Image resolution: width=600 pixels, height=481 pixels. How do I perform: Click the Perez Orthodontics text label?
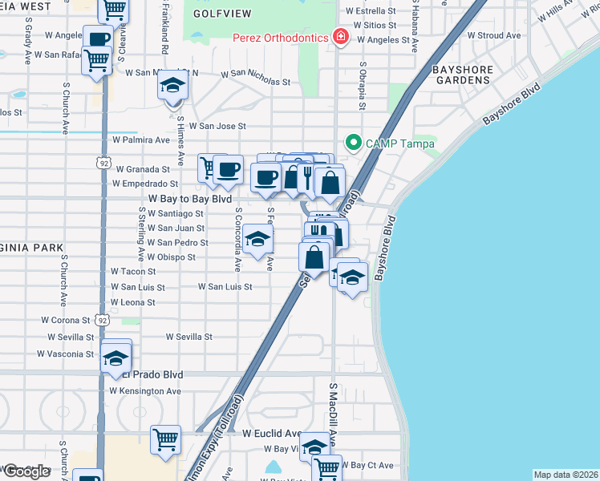pos(281,38)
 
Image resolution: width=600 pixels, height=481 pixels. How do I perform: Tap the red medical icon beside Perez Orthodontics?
pos(341,38)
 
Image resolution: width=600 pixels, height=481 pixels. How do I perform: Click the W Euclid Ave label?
pos(270,432)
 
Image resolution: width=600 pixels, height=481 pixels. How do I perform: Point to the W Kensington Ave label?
pos(145,390)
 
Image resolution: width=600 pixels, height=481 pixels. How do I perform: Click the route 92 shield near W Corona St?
pos(102,319)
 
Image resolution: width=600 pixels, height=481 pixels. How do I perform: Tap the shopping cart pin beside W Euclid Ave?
pos(165,439)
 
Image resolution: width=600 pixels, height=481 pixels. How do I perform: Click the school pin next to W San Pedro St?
pos(257,239)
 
